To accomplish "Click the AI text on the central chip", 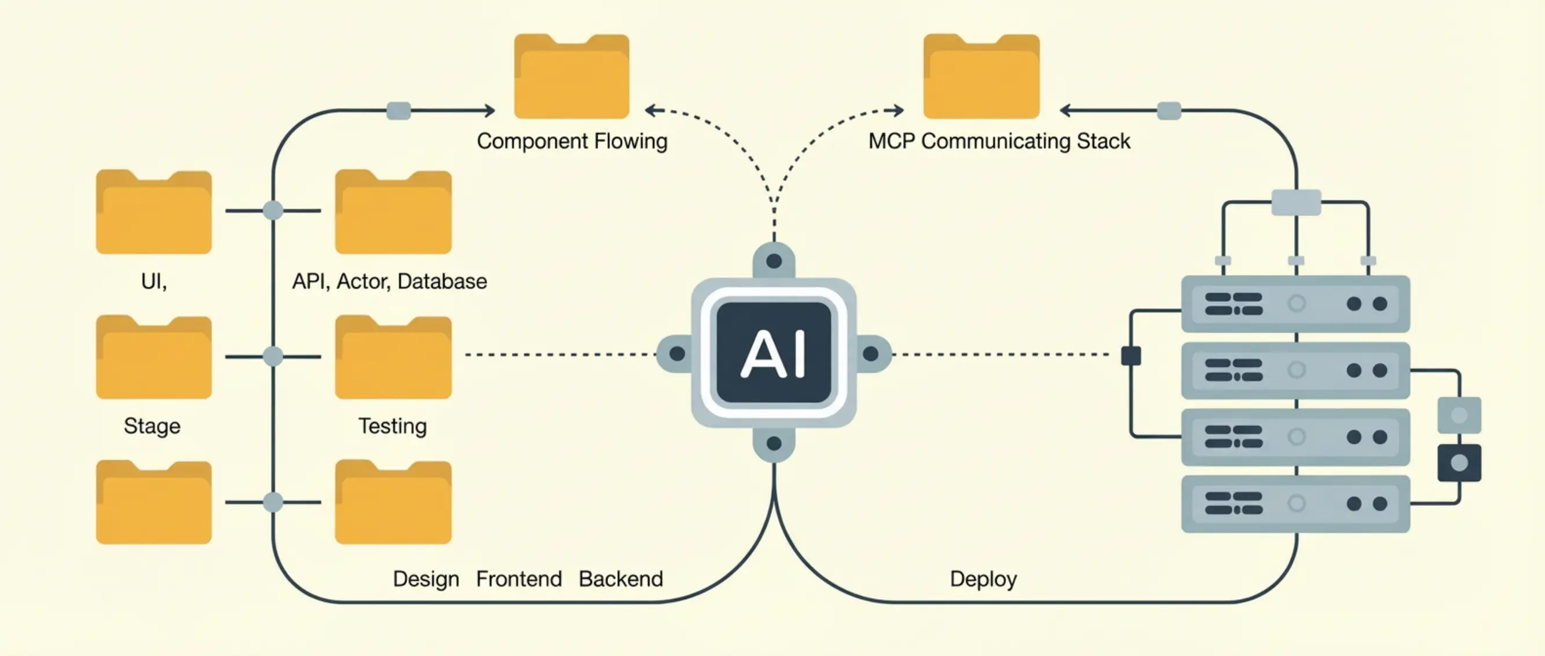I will click(774, 354).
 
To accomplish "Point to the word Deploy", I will click(983, 579).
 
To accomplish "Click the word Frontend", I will click(519, 579).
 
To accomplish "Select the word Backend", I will click(621, 579).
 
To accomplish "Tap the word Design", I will click(426, 579).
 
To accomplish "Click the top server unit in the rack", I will click(1295, 304).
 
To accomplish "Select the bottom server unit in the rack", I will click(1295, 504).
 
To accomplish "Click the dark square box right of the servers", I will click(1459, 463).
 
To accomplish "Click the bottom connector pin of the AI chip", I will click(774, 443).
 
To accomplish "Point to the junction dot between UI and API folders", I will click(273, 211).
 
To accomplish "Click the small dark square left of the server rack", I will click(1130, 356).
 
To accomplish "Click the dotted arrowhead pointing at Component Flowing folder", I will click(650, 111).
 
